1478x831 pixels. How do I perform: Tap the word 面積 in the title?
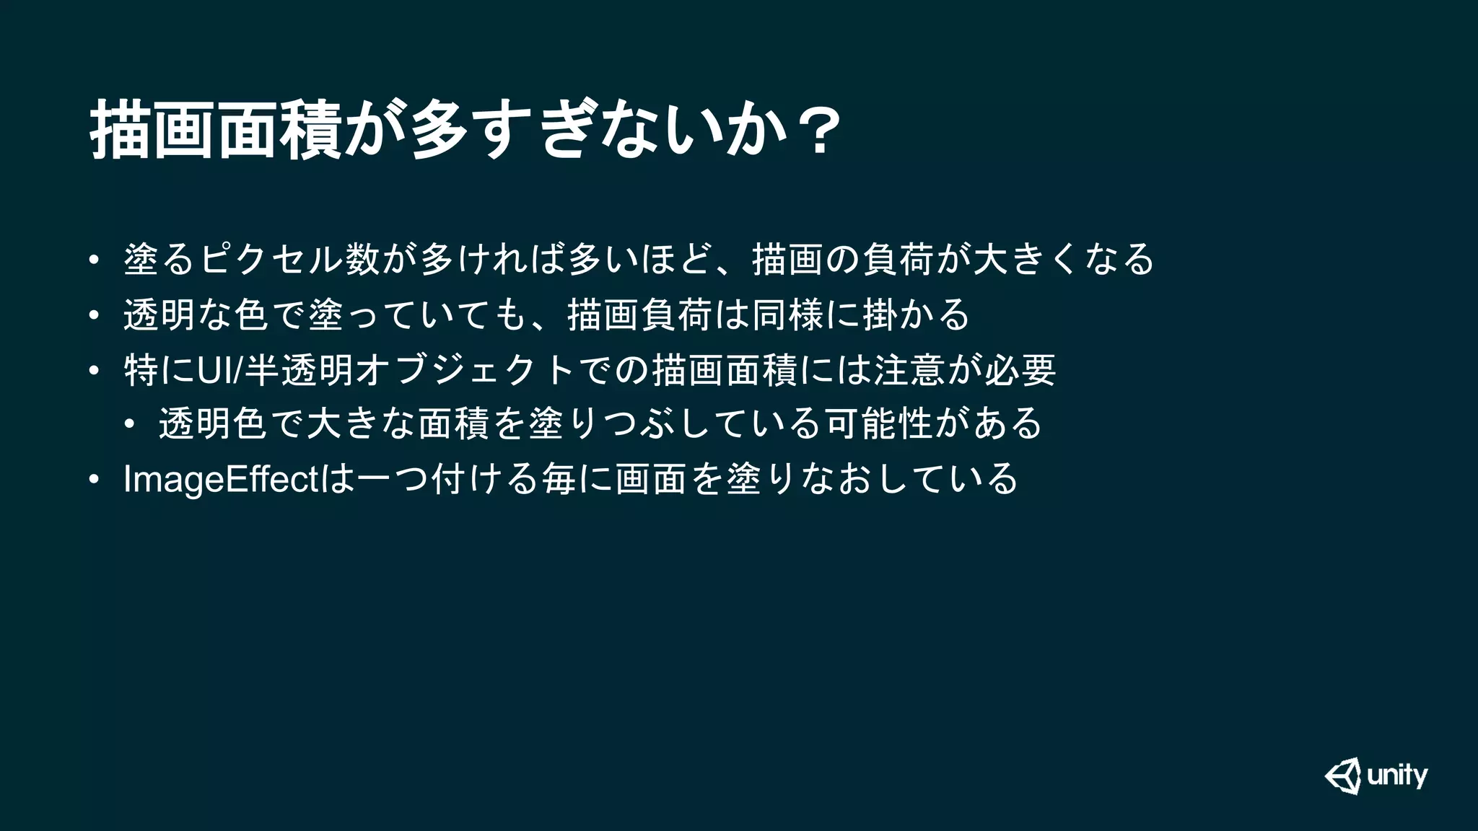pyautogui.click(x=279, y=130)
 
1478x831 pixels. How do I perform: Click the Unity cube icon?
pyautogui.click(x=1343, y=775)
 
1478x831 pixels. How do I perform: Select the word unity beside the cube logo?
pyautogui.click(x=1397, y=776)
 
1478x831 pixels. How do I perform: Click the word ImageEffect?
pyautogui.click(x=220, y=479)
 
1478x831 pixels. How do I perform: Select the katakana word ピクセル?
pyautogui.click(x=271, y=259)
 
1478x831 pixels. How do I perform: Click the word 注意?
pyautogui.click(x=909, y=370)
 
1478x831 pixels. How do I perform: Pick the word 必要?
pyautogui.click(x=1020, y=370)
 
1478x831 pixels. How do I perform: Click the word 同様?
pyautogui.click(x=788, y=315)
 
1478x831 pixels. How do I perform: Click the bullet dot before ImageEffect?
pyautogui.click(x=93, y=480)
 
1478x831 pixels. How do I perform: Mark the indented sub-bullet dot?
pyautogui.click(x=128, y=424)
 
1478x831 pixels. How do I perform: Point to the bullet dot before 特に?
pyautogui.click(x=93, y=371)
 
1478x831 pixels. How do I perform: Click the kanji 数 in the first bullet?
pyautogui.click(x=363, y=259)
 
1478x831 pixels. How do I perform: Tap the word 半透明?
pyautogui.click(x=299, y=370)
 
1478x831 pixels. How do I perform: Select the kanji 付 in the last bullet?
pyautogui.click(x=447, y=479)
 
